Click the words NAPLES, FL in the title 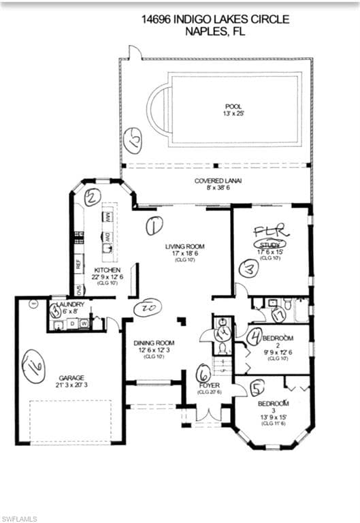215,31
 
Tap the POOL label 233,107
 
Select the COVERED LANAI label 216,180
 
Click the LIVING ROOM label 184,247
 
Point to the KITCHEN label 107,270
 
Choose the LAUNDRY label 71,304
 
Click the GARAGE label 71,378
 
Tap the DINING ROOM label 154,343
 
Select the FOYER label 209,385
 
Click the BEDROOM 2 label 278,338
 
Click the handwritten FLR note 272,232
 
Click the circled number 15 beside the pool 133,143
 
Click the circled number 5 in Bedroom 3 256,387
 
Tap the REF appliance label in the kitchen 80,261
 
